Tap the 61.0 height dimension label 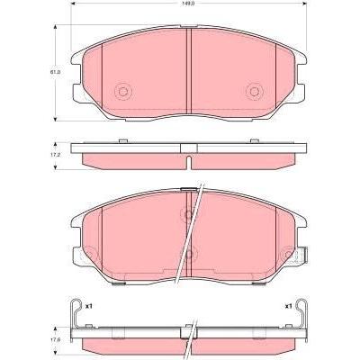point(55,72)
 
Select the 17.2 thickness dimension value point(55,156)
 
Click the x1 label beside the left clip point(88,306)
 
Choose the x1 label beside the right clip point(288,306)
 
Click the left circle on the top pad point(123,92)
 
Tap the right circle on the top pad point(255,92)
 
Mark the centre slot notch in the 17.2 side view point(189,162)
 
